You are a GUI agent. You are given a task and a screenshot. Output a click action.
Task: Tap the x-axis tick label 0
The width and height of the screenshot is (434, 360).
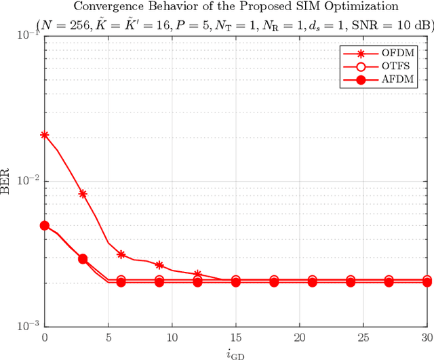point(45,337)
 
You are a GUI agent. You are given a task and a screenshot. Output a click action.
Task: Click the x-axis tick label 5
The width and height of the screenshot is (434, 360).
point(108,337)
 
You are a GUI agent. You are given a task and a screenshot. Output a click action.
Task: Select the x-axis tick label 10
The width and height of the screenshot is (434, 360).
point(172,337)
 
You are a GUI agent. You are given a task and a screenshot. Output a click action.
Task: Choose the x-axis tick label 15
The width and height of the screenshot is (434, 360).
point(236,337)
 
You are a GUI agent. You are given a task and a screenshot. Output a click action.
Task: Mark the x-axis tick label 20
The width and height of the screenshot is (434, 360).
point(300,337)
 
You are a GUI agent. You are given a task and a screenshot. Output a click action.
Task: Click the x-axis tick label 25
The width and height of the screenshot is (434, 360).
point(363,337)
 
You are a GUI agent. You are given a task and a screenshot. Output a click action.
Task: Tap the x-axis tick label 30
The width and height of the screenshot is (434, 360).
point(427,337)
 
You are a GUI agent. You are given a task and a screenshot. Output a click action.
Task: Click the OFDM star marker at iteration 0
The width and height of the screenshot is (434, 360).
point(45,135)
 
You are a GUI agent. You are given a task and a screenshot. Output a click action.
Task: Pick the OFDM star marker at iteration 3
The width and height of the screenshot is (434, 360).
point(83,193)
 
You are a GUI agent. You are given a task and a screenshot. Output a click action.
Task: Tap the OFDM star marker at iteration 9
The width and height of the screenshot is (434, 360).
point(159,265)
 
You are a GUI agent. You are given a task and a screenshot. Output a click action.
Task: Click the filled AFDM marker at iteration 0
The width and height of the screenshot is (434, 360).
point(45,226)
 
